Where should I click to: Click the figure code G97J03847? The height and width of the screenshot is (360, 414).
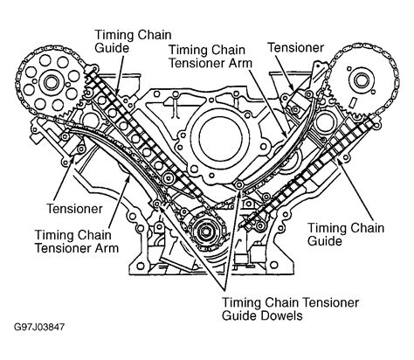tap(39, 327)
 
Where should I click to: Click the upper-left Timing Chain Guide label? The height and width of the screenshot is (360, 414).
tap(133, 41)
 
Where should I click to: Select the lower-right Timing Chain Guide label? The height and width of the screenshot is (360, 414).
tap(346, 234)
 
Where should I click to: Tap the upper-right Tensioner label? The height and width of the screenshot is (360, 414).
tap(296, 47)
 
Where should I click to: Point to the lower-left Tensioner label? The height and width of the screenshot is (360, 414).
tap(74, 209)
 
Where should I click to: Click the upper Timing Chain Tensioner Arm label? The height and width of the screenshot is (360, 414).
tap(210, 56)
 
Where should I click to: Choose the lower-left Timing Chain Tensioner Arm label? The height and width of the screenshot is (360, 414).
tap(77, 241)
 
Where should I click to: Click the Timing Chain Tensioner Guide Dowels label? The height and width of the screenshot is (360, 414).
tap(290, 308)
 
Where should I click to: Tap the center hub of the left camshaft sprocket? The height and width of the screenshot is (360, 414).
tap(51, 83)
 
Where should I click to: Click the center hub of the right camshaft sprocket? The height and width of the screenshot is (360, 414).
tap(361, 81)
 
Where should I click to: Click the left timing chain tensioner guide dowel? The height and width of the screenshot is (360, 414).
tap(156, 204)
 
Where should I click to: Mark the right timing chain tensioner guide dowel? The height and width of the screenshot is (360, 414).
tap(239, 184)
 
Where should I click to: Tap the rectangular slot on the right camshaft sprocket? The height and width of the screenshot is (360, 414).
tap(353, 102)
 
